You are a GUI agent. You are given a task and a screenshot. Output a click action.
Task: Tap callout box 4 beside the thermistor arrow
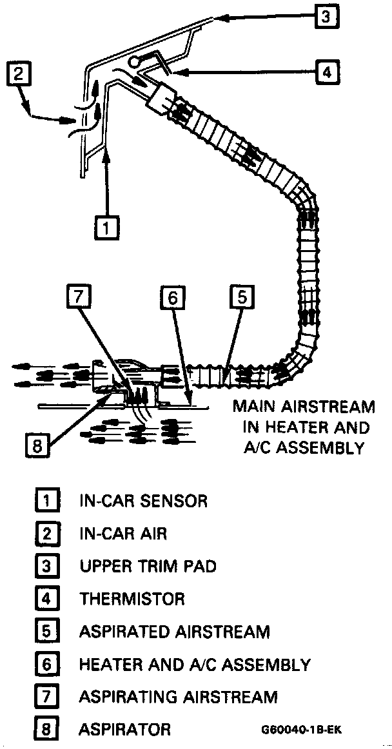click(326, 72)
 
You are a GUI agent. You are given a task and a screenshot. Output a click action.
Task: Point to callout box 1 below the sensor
click(107, 226)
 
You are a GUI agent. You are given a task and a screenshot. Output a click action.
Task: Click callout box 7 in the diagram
click(78, 297)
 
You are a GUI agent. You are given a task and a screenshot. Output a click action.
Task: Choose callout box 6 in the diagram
click(173, 297)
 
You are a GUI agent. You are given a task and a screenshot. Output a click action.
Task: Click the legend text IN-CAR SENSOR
click(143, 500)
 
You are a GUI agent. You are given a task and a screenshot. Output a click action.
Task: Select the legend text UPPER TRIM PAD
click(148, 566)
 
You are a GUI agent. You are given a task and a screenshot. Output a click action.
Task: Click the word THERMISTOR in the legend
click(132, 599)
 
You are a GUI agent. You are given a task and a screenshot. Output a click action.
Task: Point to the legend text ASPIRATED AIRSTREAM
click(174, 632)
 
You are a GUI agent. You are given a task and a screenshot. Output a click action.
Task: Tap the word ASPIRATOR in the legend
click(125, 730)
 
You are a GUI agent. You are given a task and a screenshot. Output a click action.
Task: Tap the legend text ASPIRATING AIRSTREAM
click(178, 697)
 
